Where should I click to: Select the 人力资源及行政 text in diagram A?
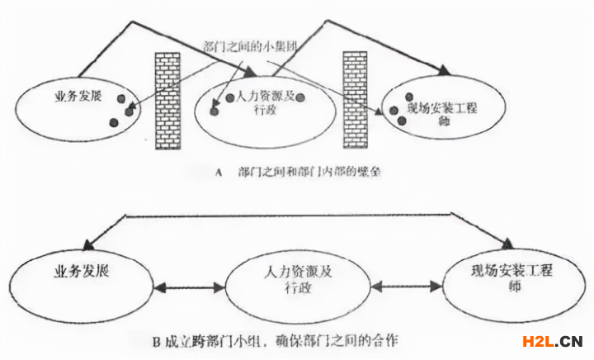(262, 104)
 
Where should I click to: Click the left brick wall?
(169, 100)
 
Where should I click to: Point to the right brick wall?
(355, 100)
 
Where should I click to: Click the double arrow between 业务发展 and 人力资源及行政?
(189, 288)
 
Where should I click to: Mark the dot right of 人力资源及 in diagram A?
(302, 97)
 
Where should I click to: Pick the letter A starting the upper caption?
(217, 173)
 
